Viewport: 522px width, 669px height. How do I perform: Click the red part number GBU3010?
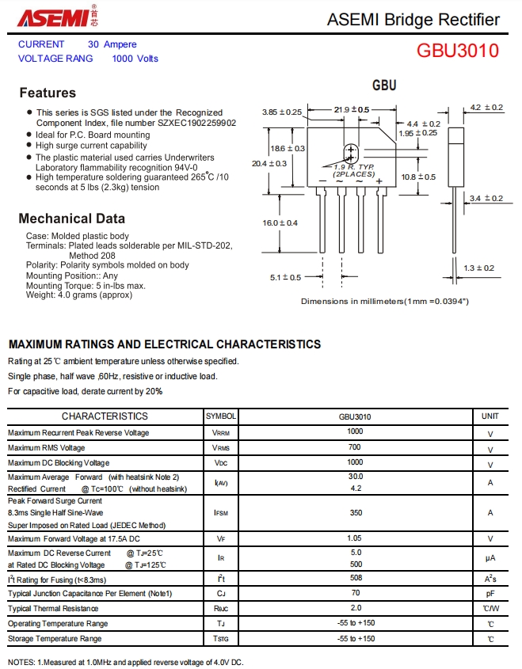point(458,51)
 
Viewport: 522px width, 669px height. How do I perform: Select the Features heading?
point(48,93)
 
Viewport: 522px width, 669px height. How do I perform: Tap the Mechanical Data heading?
point(71,219)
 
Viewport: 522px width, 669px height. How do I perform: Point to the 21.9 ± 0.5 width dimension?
point(352,109)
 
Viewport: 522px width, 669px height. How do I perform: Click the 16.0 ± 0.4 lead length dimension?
point(280,223)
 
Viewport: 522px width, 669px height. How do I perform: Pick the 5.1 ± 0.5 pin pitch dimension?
point(285,277)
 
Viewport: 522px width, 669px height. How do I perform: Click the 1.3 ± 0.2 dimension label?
point(478,268)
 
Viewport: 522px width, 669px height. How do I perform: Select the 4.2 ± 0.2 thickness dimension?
point(486,108)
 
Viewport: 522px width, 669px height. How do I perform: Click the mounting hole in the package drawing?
point(350,152)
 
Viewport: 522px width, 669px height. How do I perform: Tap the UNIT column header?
point(490,416)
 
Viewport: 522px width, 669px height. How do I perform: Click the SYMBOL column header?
point(221,416)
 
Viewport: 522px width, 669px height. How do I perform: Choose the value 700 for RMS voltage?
point(355,447)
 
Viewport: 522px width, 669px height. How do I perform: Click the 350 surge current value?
point(355,513)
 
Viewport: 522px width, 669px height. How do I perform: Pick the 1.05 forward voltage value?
point(355,538)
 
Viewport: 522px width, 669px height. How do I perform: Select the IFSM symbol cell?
point(221,513)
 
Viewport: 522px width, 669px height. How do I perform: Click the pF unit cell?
point(490,593)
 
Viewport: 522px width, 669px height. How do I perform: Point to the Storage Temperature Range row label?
point(55,639)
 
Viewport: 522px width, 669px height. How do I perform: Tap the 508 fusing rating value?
point(355,579)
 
